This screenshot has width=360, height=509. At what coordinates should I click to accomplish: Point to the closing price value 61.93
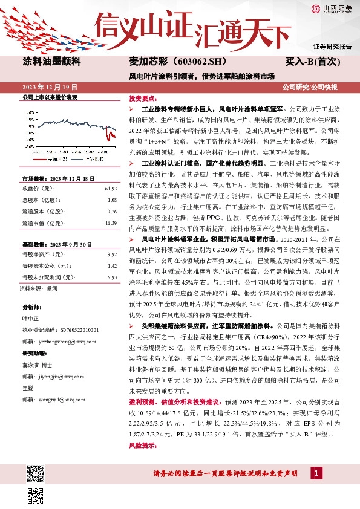tap(110, 189)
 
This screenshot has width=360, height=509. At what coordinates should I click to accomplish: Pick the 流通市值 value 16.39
tap(110, 222)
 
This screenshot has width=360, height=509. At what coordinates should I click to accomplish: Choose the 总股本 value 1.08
tap(111, 200)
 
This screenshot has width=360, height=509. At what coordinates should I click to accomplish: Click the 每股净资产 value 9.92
tap(111, 255)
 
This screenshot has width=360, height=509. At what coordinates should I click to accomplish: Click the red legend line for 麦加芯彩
tap(39, 160)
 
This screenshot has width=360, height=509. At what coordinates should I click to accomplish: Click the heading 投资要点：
tap(142, 98)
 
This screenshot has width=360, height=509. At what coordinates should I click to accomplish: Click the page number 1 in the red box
tap(315, 473)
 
